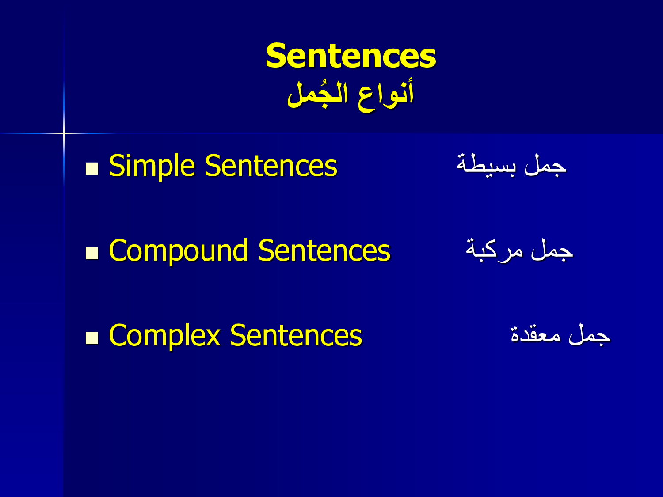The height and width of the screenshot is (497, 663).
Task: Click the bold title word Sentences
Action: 351,56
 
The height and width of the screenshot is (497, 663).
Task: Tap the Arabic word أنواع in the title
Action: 386,94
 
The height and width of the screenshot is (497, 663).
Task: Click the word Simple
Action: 152,166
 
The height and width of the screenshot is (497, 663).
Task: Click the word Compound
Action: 179,250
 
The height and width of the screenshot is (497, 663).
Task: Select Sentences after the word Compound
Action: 324,250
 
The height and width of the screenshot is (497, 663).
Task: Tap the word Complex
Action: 164,335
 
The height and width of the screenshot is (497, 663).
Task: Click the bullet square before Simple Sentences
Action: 92,169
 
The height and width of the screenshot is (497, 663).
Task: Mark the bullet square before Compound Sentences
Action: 92,254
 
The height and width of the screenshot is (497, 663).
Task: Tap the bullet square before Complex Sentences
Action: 92,338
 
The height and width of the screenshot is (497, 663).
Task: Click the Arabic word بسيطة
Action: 486,165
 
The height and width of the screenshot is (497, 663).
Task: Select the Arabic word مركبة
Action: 494,250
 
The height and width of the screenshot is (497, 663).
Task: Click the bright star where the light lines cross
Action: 64,133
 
